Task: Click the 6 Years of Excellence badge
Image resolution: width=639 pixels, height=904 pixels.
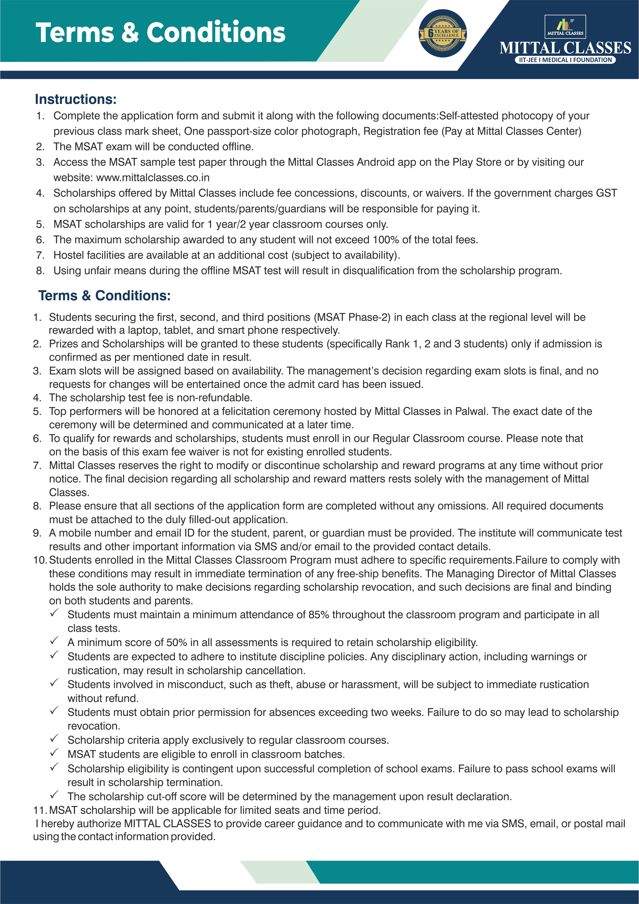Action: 443,34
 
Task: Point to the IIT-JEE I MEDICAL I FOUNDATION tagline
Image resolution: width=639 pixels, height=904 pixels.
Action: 565,60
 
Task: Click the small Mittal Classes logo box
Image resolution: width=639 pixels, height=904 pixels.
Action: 565,26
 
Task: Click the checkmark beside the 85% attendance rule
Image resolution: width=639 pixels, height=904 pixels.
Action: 54,613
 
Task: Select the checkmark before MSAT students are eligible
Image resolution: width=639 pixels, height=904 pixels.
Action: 54,752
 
